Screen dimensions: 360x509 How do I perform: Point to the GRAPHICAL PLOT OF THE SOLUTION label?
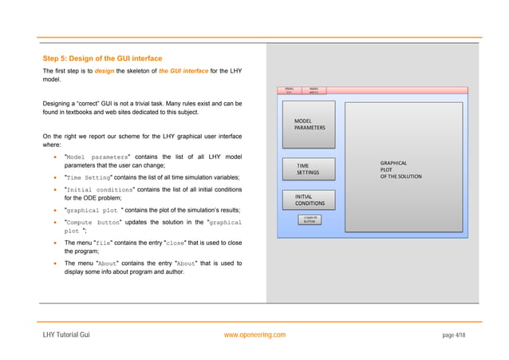400,169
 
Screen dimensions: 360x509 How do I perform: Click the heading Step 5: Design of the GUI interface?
101,58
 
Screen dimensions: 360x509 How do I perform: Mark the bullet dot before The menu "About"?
55,263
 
